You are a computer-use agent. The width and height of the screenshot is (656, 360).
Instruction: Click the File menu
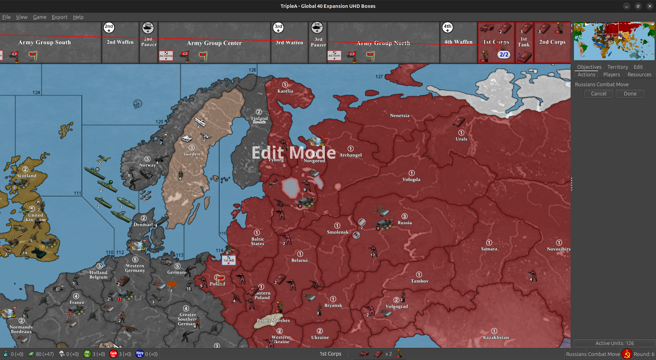(6, 17)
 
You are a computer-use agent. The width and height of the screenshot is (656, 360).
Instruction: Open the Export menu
(59, 17)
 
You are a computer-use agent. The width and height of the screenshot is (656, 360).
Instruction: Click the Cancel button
(599, 94)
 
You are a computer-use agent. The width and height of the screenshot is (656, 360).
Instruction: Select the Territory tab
(617, 67)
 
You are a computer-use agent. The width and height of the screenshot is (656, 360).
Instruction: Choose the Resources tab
(639, 75)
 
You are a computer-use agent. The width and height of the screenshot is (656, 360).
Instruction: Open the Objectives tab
(589, 67)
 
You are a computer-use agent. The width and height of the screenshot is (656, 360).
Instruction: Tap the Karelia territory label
(285, 91)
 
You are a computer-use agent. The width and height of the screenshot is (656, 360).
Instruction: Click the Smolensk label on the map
(338, 232)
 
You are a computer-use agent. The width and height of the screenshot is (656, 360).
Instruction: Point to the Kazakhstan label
(496, 337)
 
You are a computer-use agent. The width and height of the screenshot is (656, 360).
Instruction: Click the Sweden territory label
(191, 154)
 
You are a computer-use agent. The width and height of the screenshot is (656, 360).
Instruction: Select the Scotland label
(27, 176)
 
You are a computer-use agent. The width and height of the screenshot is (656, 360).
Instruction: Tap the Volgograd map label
(397, 306)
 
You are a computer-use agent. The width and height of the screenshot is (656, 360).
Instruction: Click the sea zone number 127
(379, 77)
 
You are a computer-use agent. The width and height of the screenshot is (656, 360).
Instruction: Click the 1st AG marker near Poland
(229, 260)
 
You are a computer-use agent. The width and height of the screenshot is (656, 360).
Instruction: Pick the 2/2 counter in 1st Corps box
(504, 54)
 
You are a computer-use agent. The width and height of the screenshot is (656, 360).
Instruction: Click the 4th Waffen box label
(458, 42)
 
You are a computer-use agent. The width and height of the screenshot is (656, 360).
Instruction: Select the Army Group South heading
(44, 42)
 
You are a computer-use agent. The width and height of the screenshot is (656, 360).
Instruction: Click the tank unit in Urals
(458, 122)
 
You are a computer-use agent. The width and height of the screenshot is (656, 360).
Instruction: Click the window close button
(650, 6)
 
